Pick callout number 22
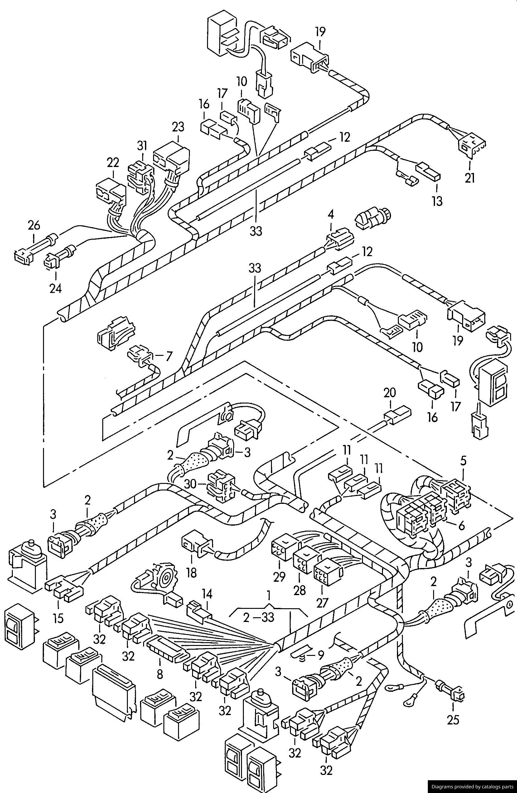pyautogui.click(x=113, y=163)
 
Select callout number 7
pyautogui.click(x=169, y=356)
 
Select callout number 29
pyautogui.click(x=279, y=577)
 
